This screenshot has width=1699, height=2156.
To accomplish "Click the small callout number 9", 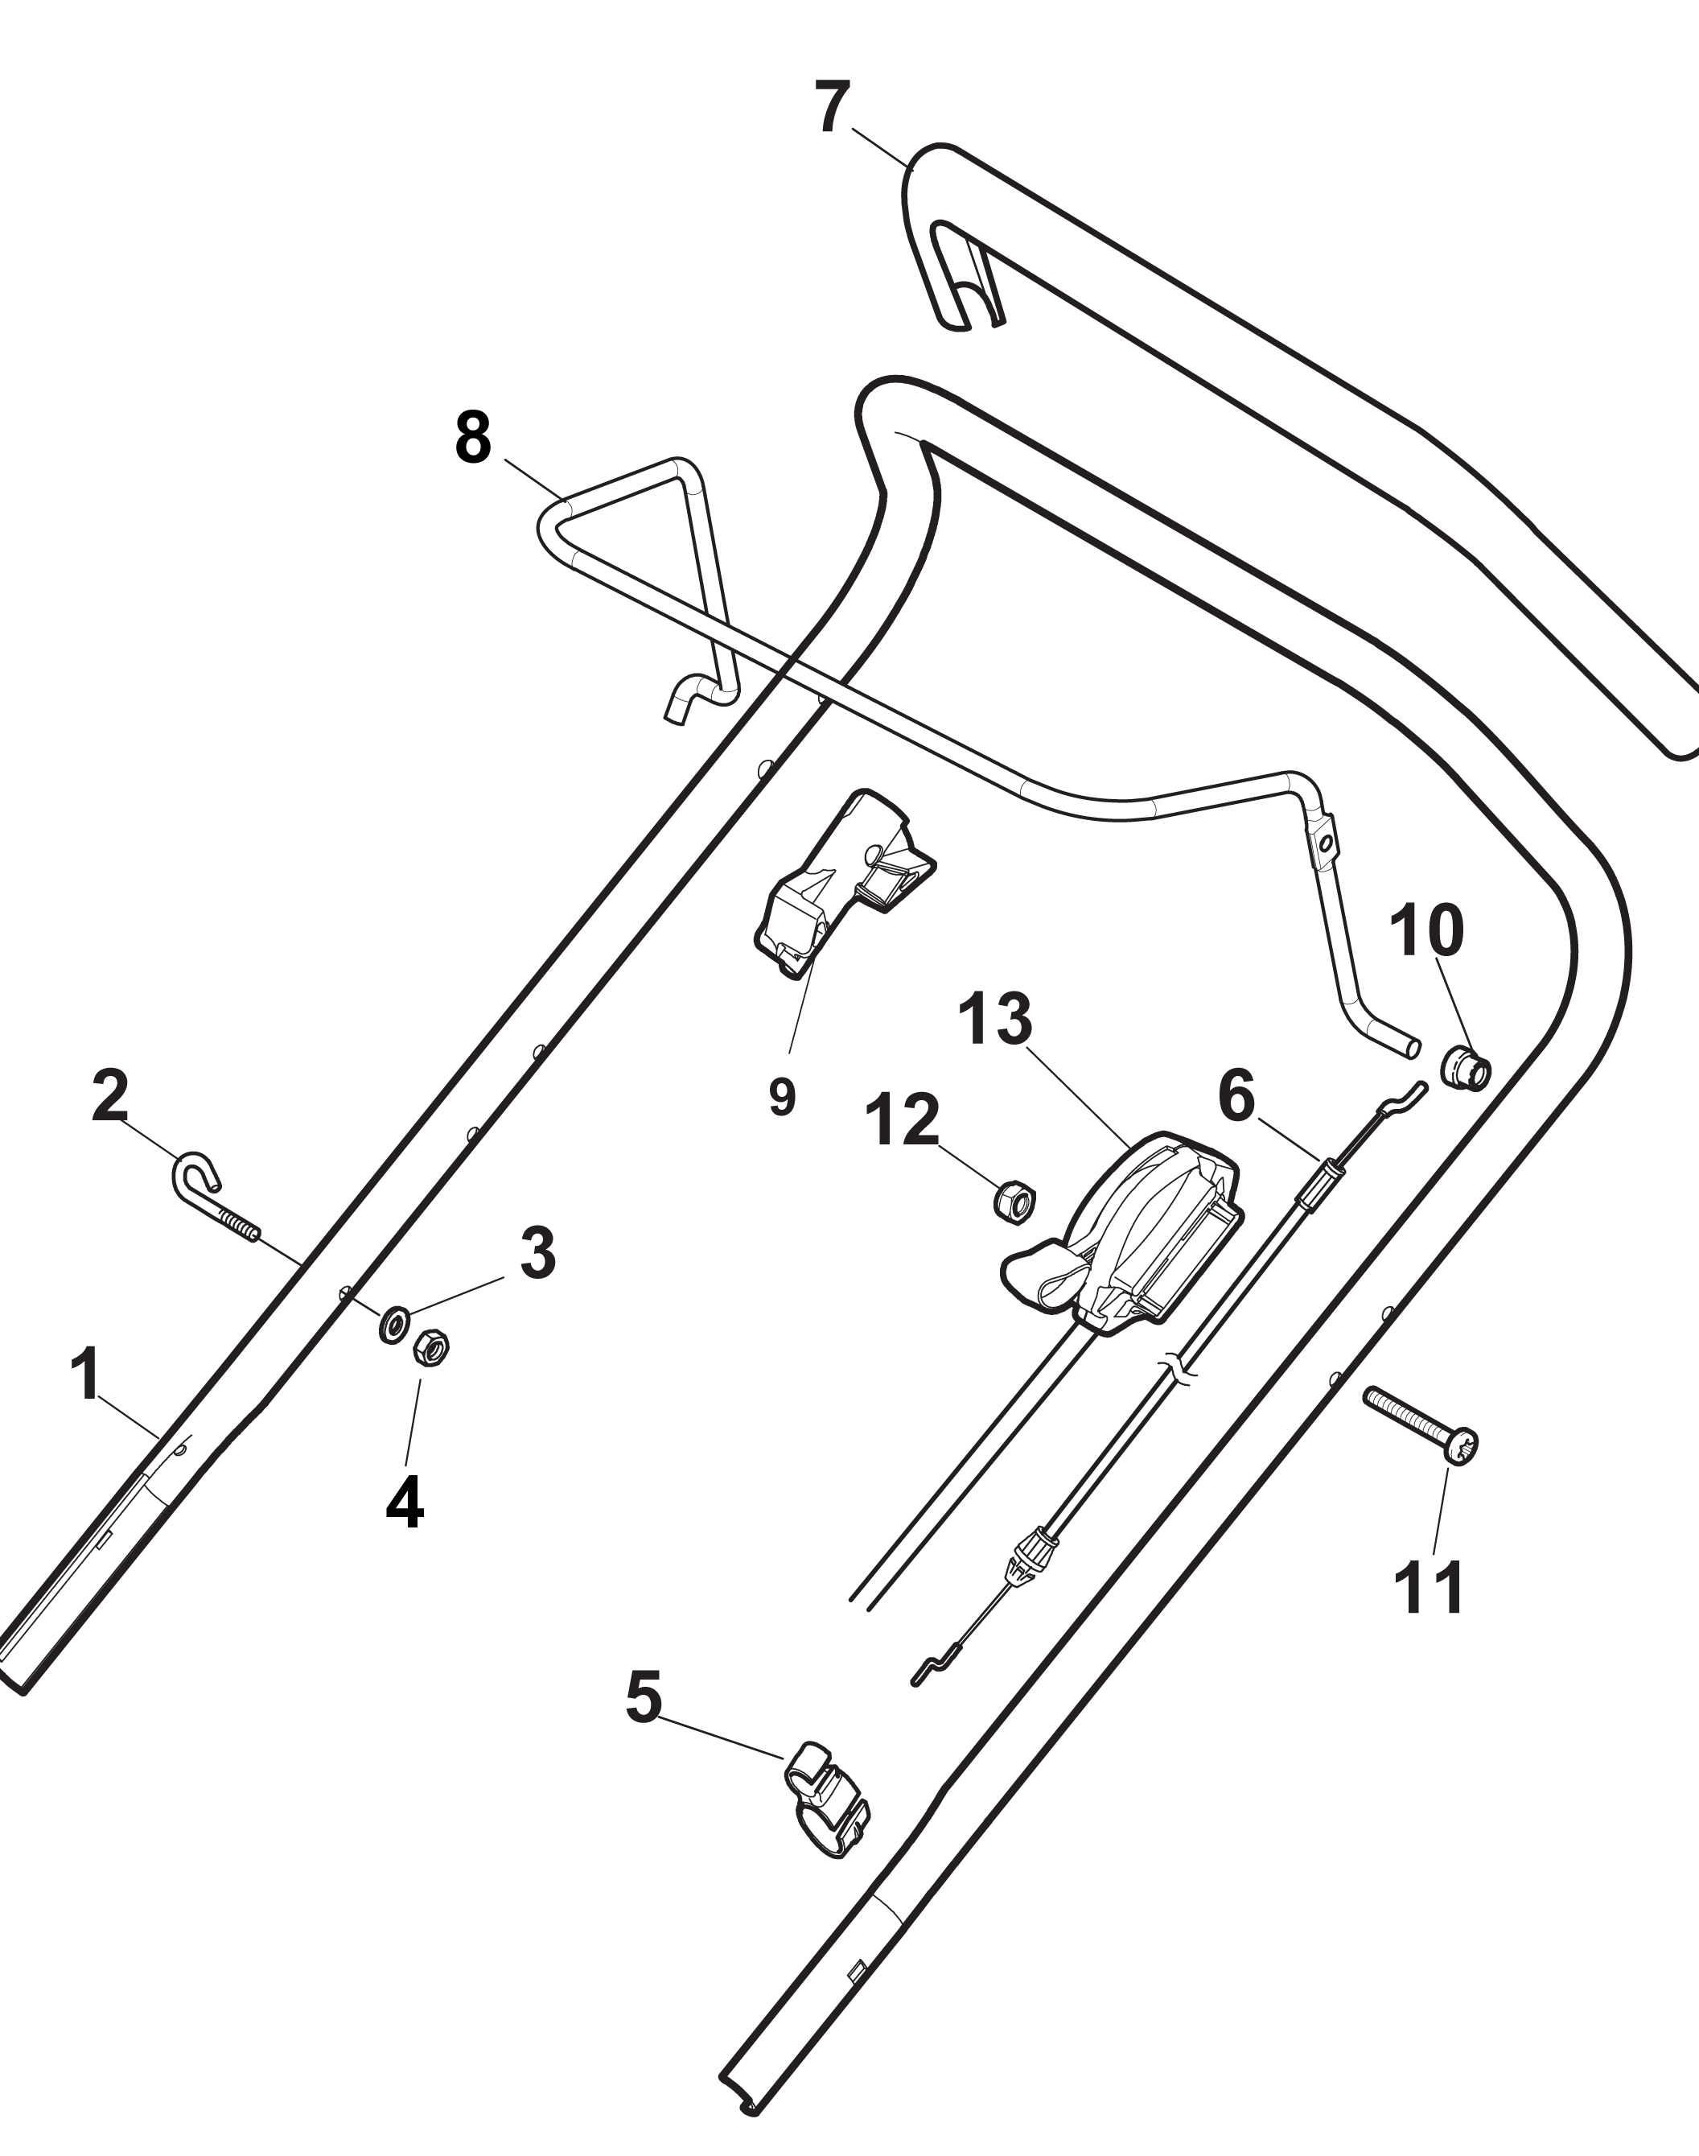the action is tap(782, 1098).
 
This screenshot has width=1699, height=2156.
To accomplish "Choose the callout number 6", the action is tap(1236, 1096).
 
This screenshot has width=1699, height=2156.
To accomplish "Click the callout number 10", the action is tap(1426, 930).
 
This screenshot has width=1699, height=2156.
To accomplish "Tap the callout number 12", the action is tap(903, 1119).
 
